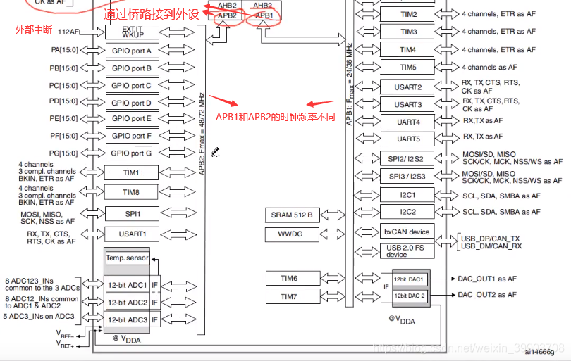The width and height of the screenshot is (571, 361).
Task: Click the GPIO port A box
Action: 132,51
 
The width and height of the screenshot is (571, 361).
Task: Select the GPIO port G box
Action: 132,153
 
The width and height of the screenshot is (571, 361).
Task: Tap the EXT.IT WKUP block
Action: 132,32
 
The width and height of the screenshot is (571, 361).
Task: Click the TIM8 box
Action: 132,192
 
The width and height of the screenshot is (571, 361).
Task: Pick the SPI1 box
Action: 132,213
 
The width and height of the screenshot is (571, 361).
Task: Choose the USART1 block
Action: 132,234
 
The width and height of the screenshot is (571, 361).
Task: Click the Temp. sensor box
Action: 127,258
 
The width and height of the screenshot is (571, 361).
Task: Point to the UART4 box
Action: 408,122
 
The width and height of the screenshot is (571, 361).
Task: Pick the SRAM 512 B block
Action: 292,215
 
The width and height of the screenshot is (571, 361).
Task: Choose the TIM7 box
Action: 289,297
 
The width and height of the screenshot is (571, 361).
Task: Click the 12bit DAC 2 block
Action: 410,296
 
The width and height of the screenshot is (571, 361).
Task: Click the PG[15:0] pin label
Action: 64,153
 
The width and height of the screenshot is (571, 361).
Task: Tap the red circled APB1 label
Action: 264,15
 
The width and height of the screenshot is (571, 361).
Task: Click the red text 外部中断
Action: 33,30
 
